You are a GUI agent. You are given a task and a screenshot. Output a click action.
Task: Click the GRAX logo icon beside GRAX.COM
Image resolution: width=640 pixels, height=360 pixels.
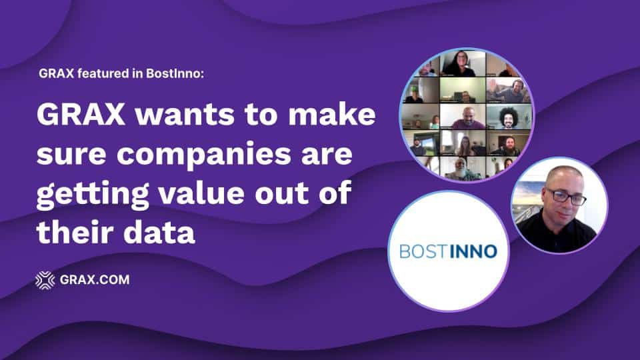[x=45, y=280]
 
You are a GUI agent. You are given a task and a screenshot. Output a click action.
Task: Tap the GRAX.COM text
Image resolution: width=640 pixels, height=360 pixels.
[x=95, y=280]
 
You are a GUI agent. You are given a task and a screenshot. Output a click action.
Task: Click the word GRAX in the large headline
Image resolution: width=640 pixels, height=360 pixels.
[x=81, y=115]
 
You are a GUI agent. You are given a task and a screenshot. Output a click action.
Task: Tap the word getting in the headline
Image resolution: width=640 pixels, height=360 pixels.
[x=93, y=195]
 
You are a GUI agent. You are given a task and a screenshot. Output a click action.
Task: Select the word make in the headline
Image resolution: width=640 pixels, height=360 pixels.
[x=331, y=114]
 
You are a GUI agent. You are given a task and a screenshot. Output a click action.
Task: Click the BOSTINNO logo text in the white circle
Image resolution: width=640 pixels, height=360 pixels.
[x=448, y=251]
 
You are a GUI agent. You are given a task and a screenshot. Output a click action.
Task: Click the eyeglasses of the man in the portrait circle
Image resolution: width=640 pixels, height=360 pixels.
[x=566, y=197]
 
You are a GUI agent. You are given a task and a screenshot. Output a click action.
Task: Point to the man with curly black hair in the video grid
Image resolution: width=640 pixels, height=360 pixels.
[x=508, y=117]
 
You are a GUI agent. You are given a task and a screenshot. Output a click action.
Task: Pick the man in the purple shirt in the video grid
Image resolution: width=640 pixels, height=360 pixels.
[x=468, y=119]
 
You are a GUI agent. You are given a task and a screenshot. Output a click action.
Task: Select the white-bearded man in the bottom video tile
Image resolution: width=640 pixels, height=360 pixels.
[x=461, y=169]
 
